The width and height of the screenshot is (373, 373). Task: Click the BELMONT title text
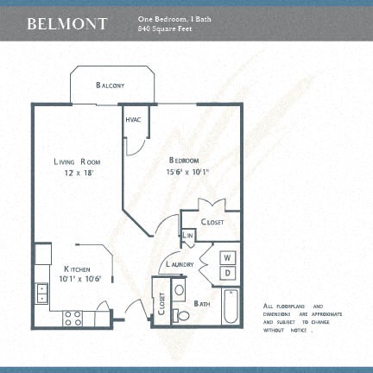tap(67, 23)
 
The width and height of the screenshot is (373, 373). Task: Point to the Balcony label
tap(111, 85)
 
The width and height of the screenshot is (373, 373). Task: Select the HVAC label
tap(134, 119)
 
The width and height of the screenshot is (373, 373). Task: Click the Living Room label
tap(77, 161)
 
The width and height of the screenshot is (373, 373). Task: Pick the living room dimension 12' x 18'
tap(77, 173)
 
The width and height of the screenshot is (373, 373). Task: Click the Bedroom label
tap(184, 161)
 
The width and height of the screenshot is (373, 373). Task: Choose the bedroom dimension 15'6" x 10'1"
tap(187, 172)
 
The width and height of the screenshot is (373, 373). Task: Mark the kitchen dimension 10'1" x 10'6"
tap(80, 279)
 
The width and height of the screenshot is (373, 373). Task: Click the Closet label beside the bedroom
tap(212, 222)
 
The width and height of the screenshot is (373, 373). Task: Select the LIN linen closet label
tap(187, 235)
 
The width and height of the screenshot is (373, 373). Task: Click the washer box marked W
tap(228, 257)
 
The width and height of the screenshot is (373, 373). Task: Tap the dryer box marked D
tap(228, 273)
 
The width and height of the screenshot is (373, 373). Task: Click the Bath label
tap(202, 303)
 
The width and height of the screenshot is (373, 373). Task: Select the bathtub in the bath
tap(231, 307)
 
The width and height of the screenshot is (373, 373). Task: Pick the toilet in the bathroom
tap(181, 316)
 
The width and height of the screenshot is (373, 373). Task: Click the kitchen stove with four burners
tap(73, 318)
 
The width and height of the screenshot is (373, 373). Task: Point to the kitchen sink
tap(41, 294)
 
